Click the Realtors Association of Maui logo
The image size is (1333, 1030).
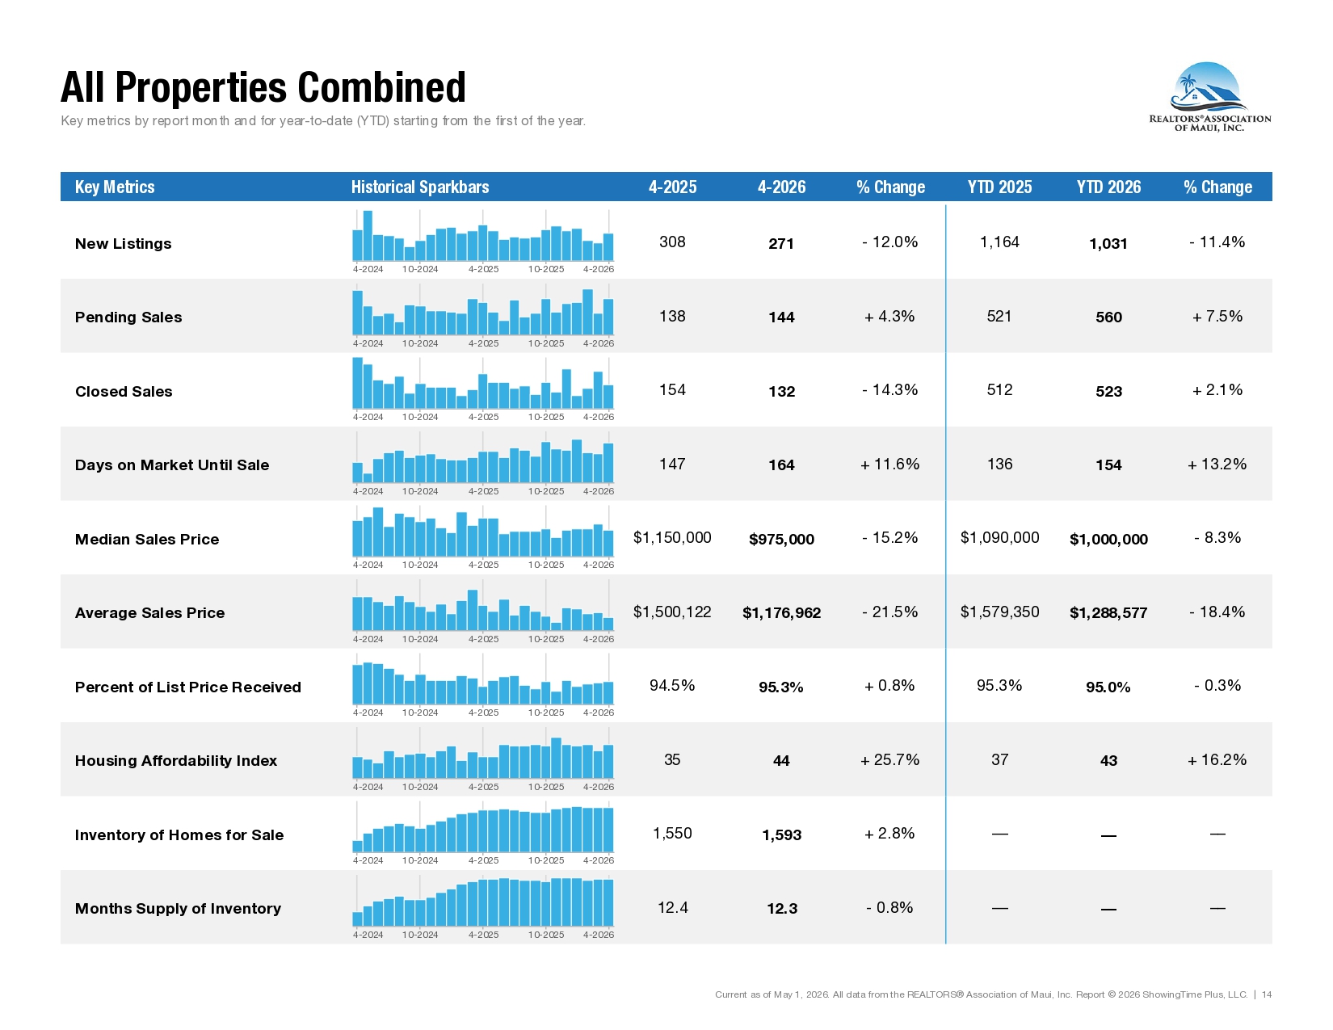click(1209, 96)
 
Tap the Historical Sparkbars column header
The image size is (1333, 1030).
click(419, 187)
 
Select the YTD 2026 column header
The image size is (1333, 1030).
click(1108, 187)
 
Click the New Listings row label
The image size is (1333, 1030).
click(123, 243)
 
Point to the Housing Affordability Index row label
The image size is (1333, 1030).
click(175, 761)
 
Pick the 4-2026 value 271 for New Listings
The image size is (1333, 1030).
click(781, 243)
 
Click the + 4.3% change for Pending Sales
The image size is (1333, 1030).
click(889, 317)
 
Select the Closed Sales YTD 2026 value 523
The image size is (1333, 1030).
click(1108, 391)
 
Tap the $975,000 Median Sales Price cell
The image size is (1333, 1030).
click(781, 539)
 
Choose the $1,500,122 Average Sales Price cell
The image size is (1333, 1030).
click(671, 612)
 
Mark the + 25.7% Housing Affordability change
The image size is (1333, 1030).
click(889, 760)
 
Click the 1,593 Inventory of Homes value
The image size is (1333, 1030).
click(781, 835)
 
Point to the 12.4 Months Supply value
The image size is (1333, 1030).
click(672, 907)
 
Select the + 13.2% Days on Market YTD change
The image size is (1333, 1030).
click(1217, 465)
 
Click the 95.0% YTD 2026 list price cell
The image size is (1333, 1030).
click(1108, 687)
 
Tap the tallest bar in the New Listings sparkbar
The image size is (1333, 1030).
click(368, 236)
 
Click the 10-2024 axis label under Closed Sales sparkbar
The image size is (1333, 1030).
click(419, 417)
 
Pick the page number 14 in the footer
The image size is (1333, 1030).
click(1267, 994)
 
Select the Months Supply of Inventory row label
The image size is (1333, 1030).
click(178, 909)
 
